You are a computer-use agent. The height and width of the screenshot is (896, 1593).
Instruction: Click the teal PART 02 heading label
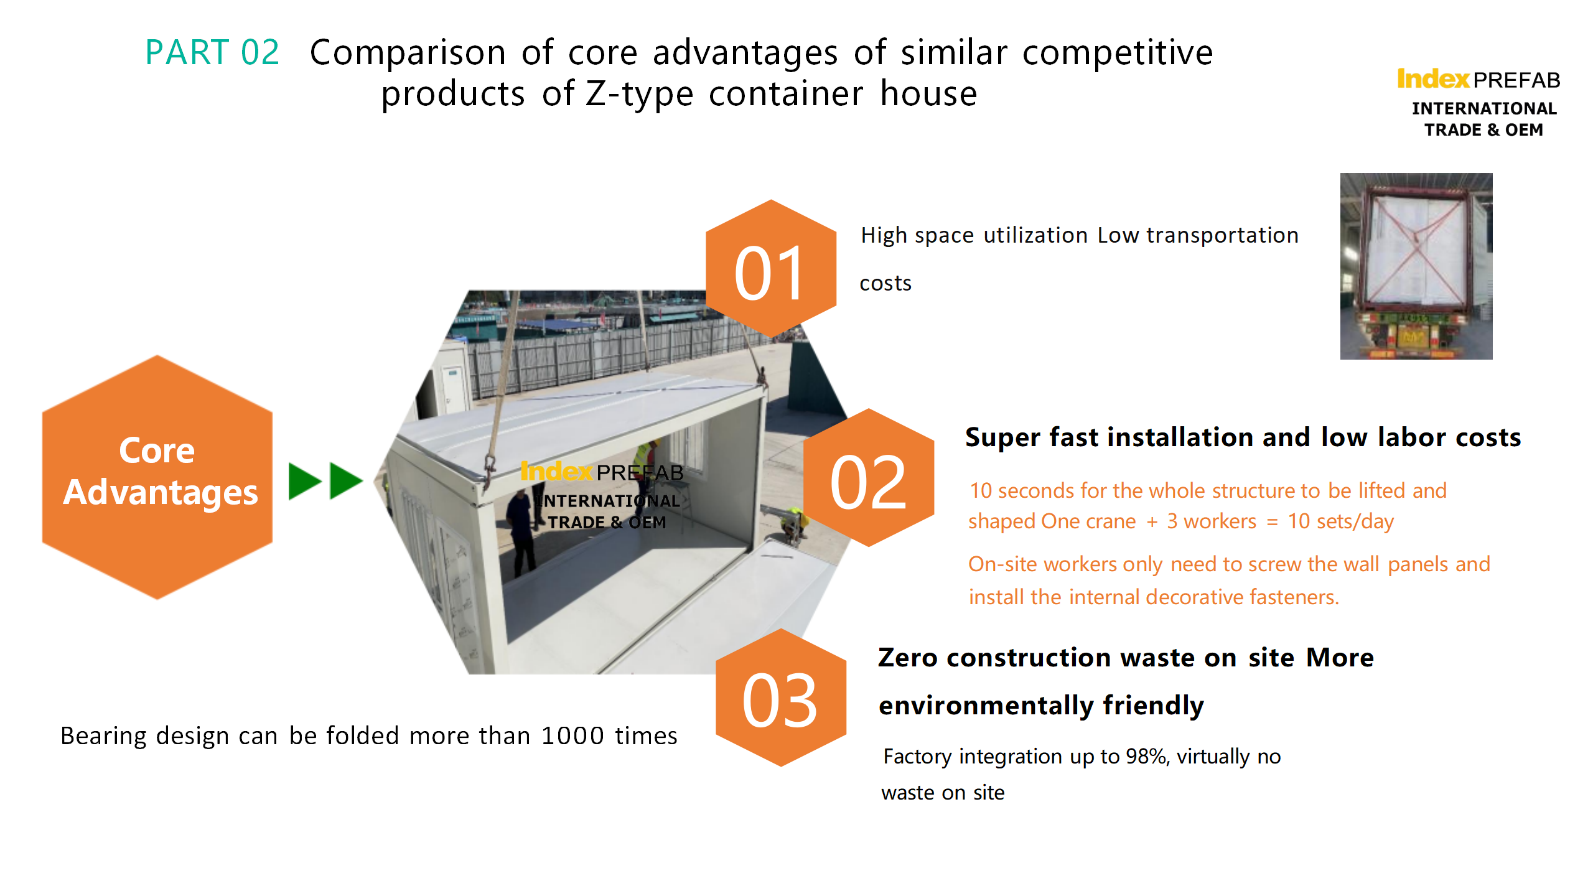(x=212, y=52)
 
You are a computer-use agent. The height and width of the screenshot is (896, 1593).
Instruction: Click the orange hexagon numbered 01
(x=771, y=269)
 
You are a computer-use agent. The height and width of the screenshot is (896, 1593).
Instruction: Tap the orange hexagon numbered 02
(x=869, y=478)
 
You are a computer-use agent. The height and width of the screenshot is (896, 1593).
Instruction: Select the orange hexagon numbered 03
(x=781, y=698)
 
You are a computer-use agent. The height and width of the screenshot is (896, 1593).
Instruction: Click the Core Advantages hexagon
(x=157, y=477)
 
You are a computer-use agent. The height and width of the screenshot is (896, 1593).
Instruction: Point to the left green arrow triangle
(x=305, y=481)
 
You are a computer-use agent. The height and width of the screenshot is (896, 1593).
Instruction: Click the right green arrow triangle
(x=346, y=481)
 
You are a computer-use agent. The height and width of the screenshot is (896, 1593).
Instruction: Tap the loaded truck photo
(x=1416, y=266)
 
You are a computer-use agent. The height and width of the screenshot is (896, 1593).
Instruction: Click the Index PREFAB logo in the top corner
(x=1479, y=103)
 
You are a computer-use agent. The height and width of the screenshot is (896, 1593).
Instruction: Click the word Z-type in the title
(x=640, y=95)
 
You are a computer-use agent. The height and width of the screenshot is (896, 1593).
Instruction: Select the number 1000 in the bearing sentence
(x=572, y=736)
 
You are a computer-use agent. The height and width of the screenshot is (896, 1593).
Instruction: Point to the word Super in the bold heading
(x=1002, y=438)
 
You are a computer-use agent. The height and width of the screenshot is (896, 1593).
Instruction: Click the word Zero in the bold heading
(x=907, y=658)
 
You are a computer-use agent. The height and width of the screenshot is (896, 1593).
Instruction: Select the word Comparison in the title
(x=408, y=53)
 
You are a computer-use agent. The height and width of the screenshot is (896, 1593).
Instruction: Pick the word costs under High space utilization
(x=885, y=284)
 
